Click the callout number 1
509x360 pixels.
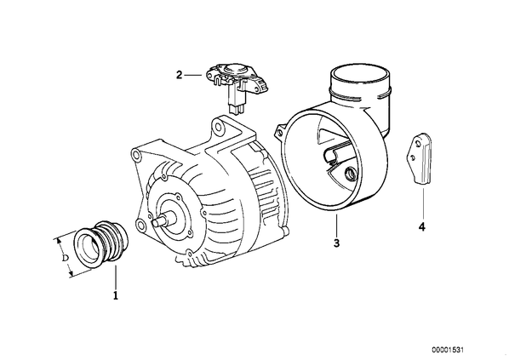coord(116,295)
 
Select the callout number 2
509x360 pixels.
coord(180,75)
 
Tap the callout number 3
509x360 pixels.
coord(336,243)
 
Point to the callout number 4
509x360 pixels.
coord(421,227)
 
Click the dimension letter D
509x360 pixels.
coord(66,258)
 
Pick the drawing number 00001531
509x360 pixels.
coord(448,350)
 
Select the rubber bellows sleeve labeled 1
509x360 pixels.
coord(101,243)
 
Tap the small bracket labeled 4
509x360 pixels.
coord(418,159)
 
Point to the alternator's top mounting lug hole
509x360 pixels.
coord(219,126)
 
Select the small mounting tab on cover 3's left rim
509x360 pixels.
coord(280,131)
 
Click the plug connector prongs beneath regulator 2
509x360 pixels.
coord(236,111)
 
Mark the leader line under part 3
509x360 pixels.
coord(336,226)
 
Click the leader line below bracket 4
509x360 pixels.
coord(423,203)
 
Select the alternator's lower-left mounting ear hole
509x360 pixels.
coord(140,224)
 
